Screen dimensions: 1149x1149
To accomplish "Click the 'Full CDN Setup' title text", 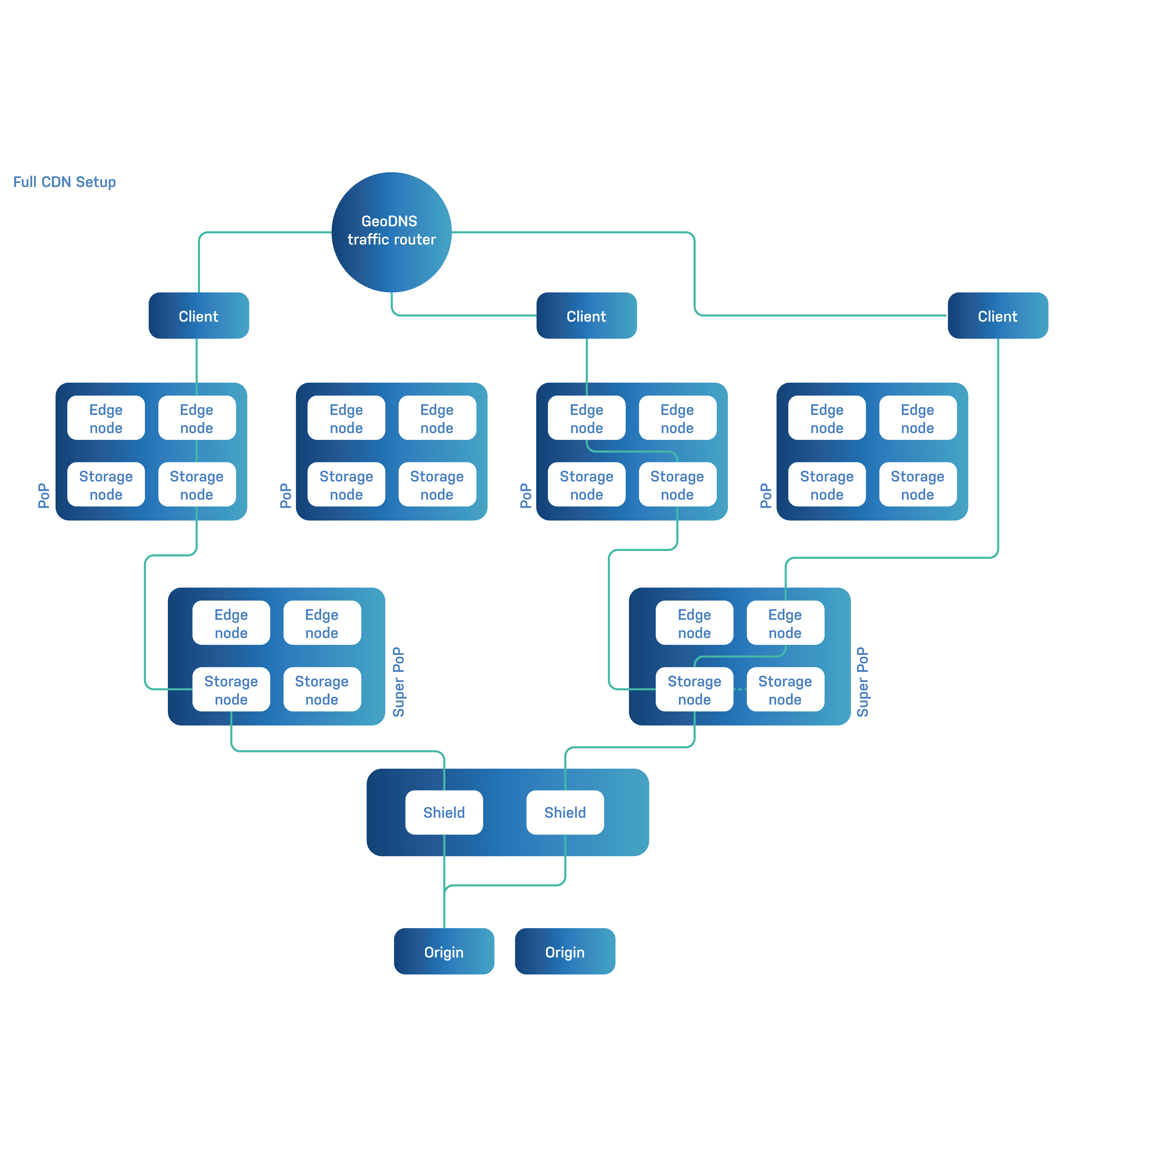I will pos(64,182).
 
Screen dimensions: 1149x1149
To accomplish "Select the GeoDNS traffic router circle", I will pos(391,232).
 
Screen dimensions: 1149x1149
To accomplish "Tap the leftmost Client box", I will pos(199,316).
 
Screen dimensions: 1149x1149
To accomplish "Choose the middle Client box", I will pos(587,316).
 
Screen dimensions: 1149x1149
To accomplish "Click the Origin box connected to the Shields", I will pos(444,952).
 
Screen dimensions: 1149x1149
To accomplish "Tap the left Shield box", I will pos(444,812).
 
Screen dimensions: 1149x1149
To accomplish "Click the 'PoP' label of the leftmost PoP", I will pos(43,495).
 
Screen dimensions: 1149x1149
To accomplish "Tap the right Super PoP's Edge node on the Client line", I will pos(785,623).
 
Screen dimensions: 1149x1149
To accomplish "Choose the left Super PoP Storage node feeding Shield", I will pos(231,690).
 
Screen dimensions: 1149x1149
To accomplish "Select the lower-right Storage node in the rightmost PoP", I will pos(917,485).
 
